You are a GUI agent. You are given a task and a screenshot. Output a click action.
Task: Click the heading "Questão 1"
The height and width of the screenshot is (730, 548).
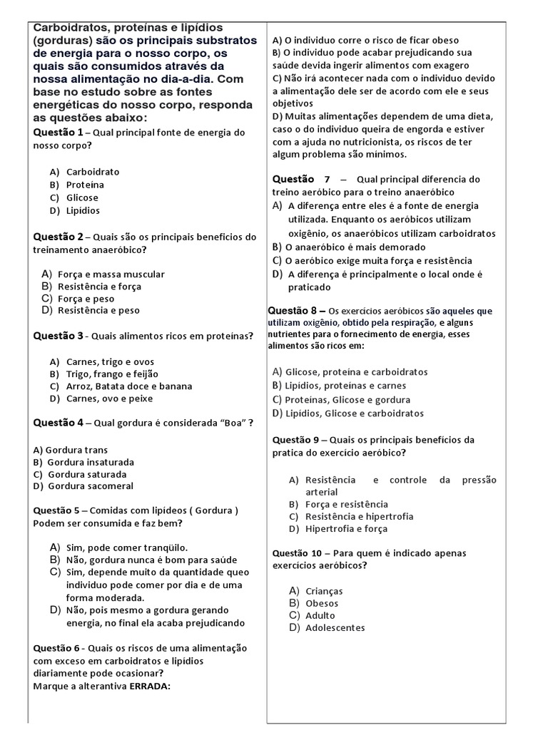click(x=58, y=133)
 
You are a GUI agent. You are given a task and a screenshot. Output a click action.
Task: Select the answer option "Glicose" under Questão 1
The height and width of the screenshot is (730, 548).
click(x=82, y=197)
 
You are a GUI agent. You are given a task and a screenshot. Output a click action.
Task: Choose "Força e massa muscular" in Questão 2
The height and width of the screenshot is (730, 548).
click(x=111, y=274)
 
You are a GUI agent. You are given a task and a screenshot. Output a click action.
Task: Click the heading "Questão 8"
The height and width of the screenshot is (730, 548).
click(x=297, y=311)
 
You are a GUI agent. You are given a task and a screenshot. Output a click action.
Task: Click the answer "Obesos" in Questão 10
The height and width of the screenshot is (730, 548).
click(x=322, y=603)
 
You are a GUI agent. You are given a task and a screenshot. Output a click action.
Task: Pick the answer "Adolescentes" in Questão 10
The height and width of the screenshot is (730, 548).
click(x=335, y=628)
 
